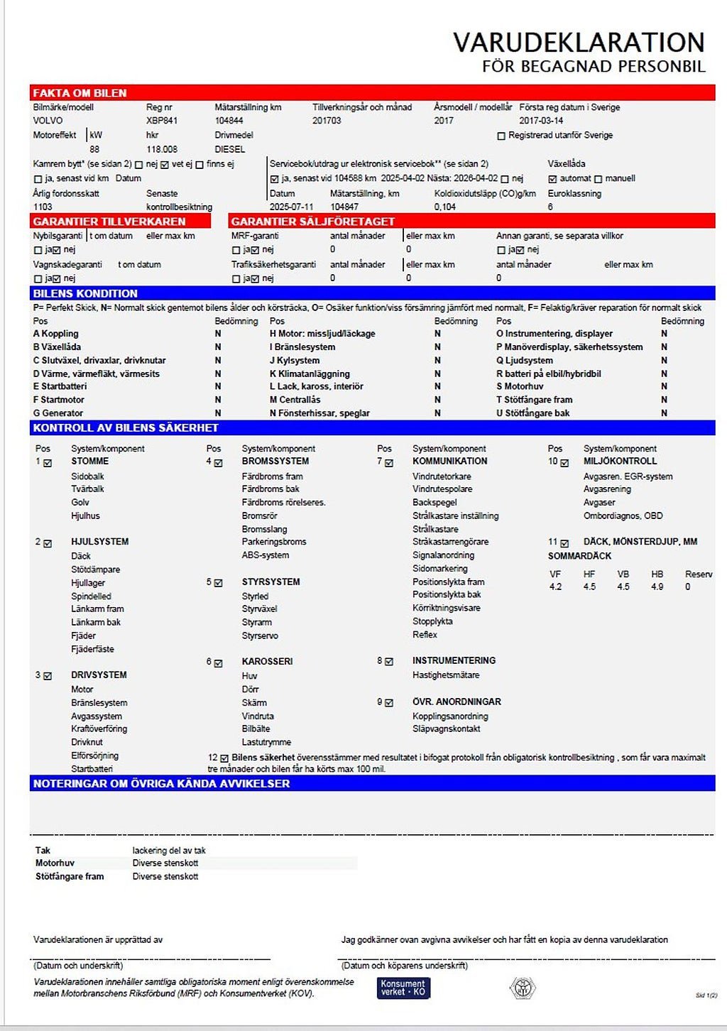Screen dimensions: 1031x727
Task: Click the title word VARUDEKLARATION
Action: [x=579, y=43]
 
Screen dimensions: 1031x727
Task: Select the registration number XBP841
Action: [x=162, y=121]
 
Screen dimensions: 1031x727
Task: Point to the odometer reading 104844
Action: [x=229, y=121]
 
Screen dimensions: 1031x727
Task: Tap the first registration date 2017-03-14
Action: [x=541, y=121]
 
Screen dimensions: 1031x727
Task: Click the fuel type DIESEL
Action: [x=229, y=149]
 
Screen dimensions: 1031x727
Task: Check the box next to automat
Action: [x=552, y=179]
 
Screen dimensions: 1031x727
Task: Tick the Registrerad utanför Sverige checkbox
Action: [x=501, y=136]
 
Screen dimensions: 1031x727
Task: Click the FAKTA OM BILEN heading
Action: [x=80, y=93]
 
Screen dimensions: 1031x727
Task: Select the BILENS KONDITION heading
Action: [x=85, y=293]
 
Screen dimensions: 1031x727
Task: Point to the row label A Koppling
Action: [x=56, y=334]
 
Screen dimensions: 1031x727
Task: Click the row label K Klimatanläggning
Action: [x=310, y=373]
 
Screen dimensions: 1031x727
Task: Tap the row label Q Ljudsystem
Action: [x=525, y=360]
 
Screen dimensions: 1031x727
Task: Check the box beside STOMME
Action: [x=48, y=463]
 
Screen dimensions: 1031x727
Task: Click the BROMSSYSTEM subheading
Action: [x=275, y=462]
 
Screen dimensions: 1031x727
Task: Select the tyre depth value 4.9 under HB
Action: [x=657, y=587]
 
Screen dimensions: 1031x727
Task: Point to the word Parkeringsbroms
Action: [x=274, y=542]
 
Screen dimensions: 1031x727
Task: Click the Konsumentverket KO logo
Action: [x=403, y=988]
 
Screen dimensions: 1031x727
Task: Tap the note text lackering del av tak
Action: [x=169, y=850]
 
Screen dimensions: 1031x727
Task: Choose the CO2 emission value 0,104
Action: [x=445, y=207]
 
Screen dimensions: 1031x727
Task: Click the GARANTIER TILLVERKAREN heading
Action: [x=109, y=222]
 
